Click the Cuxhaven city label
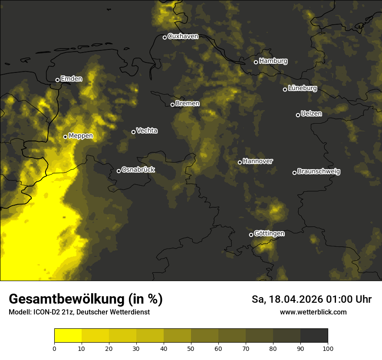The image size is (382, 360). point(183,36)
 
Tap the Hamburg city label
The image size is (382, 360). point(273,61)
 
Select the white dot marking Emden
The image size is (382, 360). point(57,80)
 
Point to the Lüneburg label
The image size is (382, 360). point(303,88)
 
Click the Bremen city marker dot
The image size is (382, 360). point(172,105)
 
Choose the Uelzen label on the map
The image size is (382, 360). point(311,114)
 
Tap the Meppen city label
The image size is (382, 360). point(81,136)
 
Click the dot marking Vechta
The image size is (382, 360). point(133,132)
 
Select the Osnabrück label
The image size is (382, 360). point(138,170)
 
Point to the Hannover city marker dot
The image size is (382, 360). point(240,162)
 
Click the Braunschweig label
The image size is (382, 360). point(319,172)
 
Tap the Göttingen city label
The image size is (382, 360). point(269,234)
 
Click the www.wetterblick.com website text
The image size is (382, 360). point(313,312)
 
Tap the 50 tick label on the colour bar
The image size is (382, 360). point(191,348)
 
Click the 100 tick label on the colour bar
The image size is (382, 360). point(328,348)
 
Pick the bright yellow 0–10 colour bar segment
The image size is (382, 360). point(68,336)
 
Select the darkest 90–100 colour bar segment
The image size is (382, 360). point(314,336)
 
